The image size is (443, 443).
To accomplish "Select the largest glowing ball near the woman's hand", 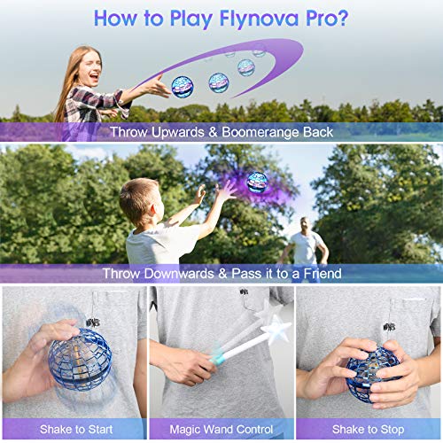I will pyautogui.click(x=183, y=87).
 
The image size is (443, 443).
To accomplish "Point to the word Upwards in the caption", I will pyautogui.click(x=188, y=131).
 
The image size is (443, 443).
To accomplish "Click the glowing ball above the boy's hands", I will pyautogui.click(x=256, y=182).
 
